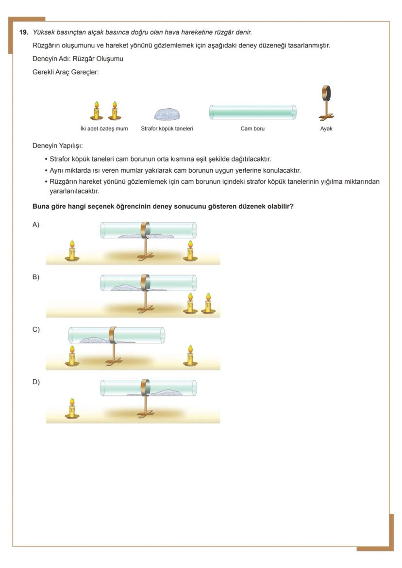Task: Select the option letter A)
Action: [36, 225]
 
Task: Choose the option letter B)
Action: [36, 277]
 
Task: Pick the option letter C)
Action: [36, 329]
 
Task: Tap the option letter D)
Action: [36, 382]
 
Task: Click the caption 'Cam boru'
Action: [252, 129]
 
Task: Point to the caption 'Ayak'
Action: [326, 129]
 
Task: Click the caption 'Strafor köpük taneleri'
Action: [167, 129]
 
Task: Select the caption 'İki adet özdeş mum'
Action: [104, 129]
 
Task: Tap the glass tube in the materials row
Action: [252, 112]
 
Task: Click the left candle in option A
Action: [72, 250]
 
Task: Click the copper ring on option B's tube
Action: [144, 283]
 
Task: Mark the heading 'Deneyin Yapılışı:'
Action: [57, 146]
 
